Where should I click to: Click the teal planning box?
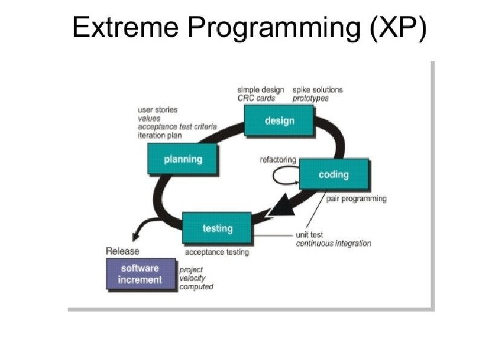pyautogui.click(x=183, y=160)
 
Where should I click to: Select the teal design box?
pyautogui.click(x=279, y=120)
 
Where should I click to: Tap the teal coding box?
pyautogui.click(x=334, y=174)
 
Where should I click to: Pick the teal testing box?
pyautogui.click(x=216, y=228)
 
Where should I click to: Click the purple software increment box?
pyautogui.click(x=140, y=274)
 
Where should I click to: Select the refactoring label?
pyautogui.click(x=278, y=160)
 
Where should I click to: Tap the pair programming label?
pyautogui.click(x=356, y=198)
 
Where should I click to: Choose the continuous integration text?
pyautogui.click(x=333, y=243)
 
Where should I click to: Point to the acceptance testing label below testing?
pyautogui.click(x=216, y=252)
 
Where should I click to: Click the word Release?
pyautogui.click(x=122, y=251)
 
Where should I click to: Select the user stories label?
pyautogui.click(x=158, y=110)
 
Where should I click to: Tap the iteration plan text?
pyautogui.click(x=160, y=136)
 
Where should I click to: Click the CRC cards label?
pyautogui.click(x=256, y=98)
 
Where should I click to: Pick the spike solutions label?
pyautogui.click(x=318, y=90)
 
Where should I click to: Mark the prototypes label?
pyautogui.click(x=311, y=98)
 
